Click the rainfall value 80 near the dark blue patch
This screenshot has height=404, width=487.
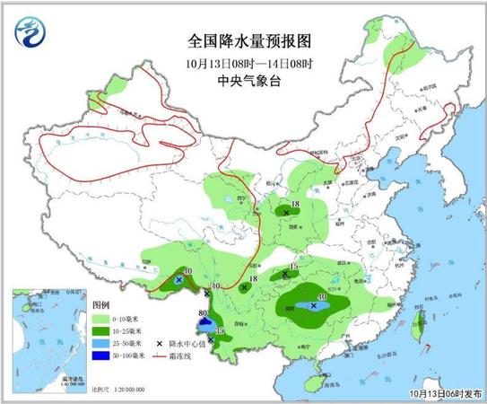point(203,313)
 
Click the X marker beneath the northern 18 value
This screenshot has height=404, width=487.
point(286,213)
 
